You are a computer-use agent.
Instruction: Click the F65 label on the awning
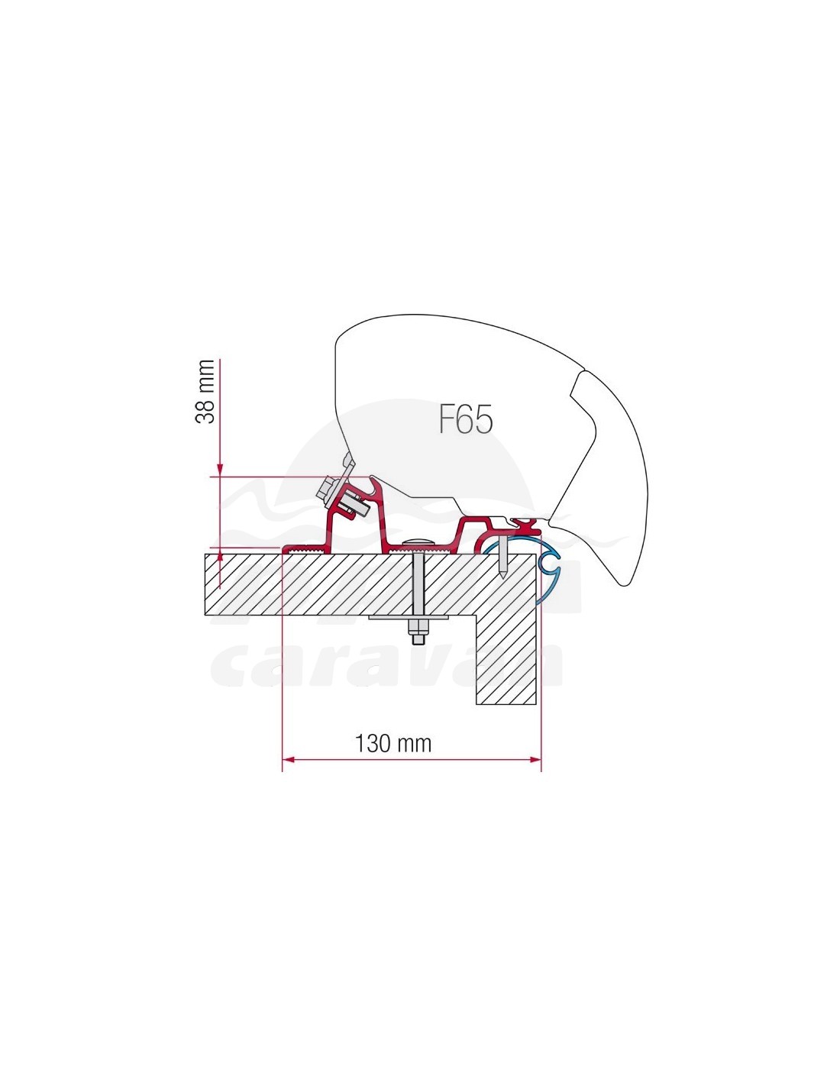point(465,419)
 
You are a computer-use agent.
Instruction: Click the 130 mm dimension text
point(393,743)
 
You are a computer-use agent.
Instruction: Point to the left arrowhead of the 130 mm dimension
point(289,759)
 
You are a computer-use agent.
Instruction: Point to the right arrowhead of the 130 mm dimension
point(535,759)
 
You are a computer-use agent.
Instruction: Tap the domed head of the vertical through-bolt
point(418,541)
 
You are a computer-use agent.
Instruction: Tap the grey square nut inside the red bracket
point(353,506)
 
